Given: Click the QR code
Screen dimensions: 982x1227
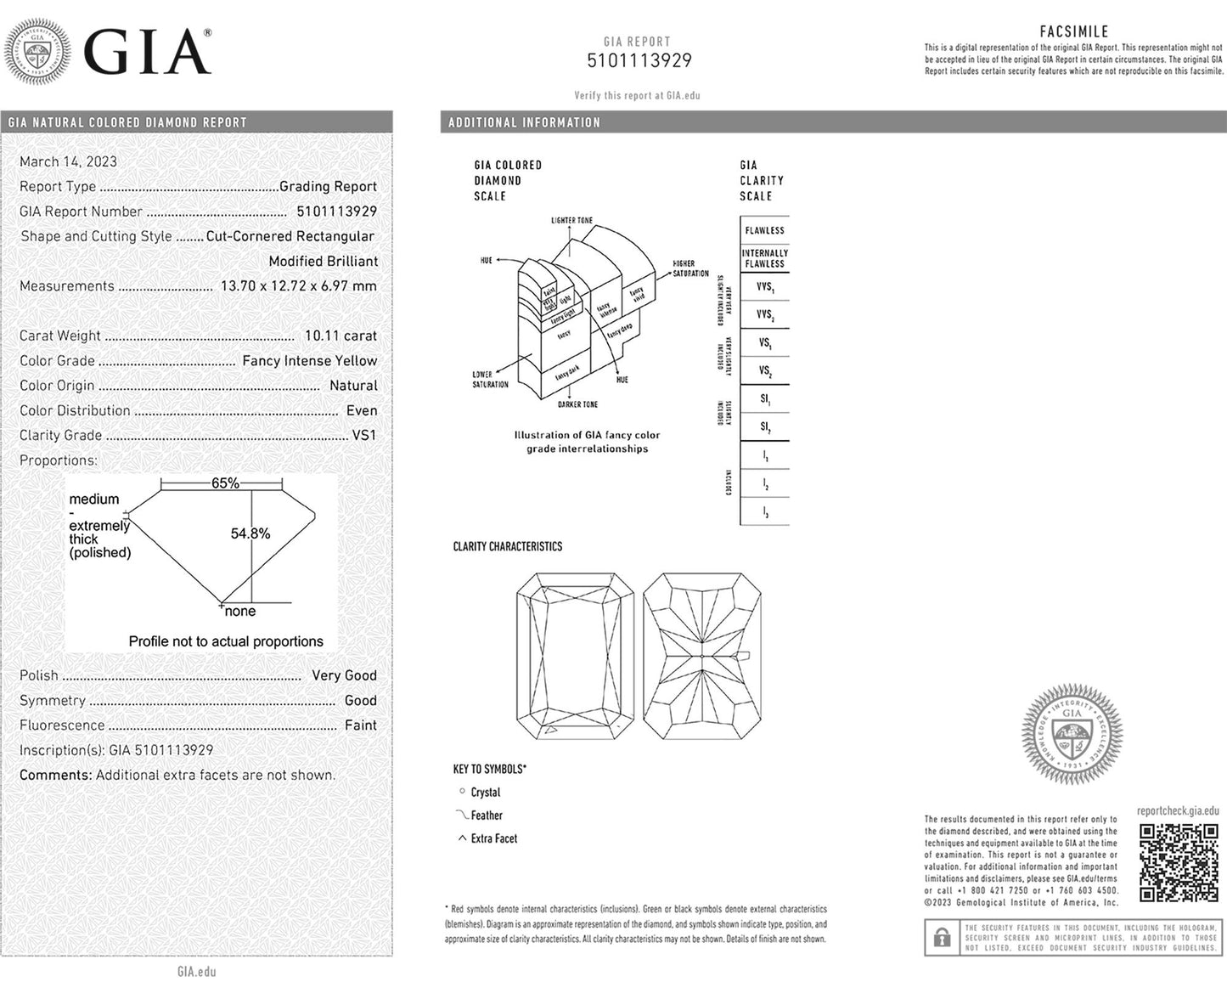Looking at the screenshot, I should coord(1178,862).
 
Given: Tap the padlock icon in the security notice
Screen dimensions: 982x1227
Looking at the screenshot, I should coord(942,938).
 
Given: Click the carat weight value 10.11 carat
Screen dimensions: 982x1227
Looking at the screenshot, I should coord(341,336).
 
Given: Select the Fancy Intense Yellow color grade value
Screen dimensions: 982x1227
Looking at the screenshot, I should coord(309,360).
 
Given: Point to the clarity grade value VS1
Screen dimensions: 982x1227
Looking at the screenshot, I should coord(363,435).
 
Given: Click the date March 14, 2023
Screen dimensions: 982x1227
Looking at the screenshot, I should coord(68,161).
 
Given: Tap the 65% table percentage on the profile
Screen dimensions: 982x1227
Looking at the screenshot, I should coord(225,483).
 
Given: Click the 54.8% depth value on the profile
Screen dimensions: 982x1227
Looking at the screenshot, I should coord(250,533).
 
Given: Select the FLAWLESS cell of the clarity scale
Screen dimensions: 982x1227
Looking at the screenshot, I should coord(764,230).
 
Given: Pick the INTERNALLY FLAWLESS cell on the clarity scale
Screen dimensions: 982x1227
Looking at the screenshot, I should coord(764,258).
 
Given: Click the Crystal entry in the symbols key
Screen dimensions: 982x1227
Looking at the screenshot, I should coord(485,792).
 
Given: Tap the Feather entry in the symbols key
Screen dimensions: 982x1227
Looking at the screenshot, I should coord(487,816).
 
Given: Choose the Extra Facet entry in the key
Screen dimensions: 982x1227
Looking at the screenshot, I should coord(493,838).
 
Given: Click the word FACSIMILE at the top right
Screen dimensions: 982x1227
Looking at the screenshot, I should coord(1074,31).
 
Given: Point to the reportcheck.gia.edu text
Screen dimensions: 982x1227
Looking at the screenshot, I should coord(1178,811).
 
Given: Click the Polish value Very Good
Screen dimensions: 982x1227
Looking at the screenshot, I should coord(344,675).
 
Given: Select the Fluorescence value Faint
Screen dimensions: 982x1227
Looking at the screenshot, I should coord(360,725).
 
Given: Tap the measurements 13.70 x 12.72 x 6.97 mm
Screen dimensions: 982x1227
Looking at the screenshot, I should coord(298,285).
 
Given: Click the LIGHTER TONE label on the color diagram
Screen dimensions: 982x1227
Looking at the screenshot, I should coord(571,221).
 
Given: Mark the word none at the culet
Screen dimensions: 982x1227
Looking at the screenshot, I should coord(240,612).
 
